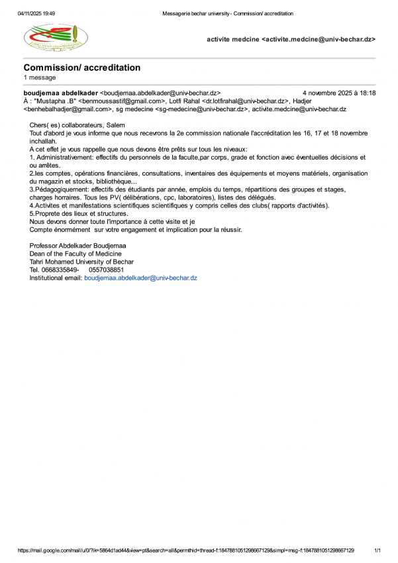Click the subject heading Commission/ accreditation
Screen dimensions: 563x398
pos(81,68)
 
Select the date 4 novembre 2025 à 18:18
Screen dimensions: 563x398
pos(338,93)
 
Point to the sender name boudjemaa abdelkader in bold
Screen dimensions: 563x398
pos(60,93)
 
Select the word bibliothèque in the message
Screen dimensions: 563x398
pos(115,181)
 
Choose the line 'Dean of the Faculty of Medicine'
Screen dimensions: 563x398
pos(77,254)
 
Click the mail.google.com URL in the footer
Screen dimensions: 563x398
pos(185,550)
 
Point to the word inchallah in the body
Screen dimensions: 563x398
pos(44,142)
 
